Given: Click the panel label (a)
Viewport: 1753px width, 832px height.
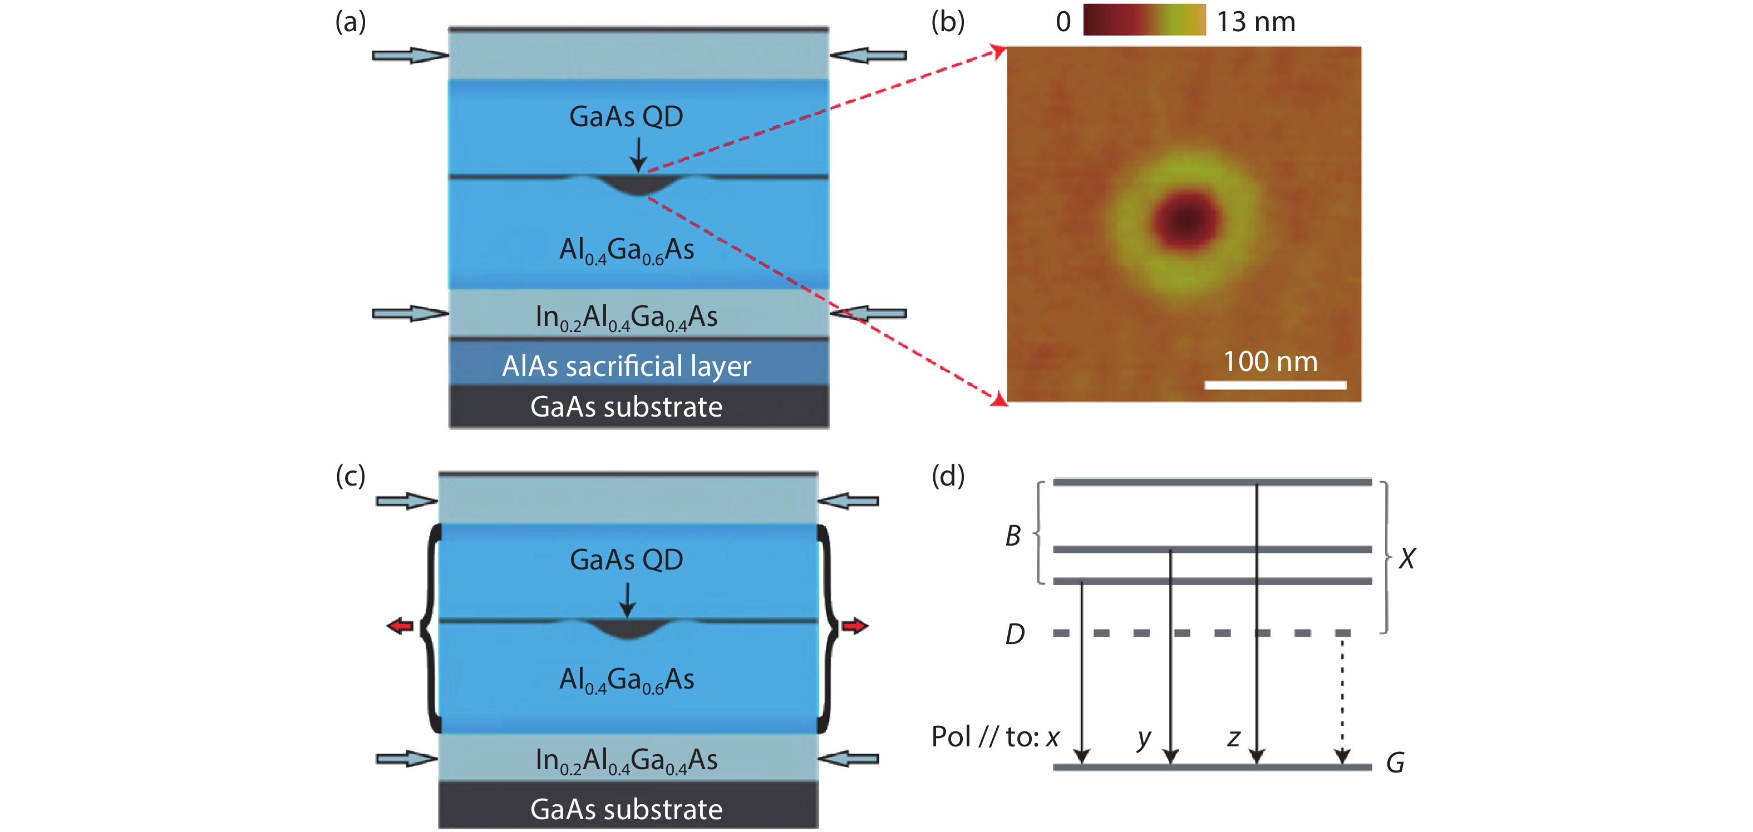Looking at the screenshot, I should point(351,22).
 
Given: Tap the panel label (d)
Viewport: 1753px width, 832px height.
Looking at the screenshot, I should point(947,476).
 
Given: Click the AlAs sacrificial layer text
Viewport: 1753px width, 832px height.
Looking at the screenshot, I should point(626,366).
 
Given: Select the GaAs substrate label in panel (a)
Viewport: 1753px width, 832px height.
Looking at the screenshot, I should point(626,407).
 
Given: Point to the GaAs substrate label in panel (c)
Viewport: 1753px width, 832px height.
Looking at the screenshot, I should point(626,809).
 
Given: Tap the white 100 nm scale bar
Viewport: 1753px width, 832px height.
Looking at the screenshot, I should point(1274,385).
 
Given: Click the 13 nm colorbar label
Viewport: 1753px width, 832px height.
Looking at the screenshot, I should point(1255,22).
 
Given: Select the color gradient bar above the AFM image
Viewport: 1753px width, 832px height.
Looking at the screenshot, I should point(1144,19).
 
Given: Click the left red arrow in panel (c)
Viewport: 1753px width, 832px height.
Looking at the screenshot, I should point(400,625).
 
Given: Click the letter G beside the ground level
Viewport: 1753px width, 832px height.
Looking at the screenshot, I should point(1395,763).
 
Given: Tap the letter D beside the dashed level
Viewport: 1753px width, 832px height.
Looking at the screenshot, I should point(1015,634).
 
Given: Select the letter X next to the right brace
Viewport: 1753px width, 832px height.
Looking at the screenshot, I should point(1407,558).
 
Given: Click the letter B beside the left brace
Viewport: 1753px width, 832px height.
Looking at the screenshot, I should point(1013,536).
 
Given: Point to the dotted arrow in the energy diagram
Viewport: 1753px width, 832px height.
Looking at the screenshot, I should point(1342,701).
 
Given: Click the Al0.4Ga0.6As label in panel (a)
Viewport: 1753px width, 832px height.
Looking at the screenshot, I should point(626,250).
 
